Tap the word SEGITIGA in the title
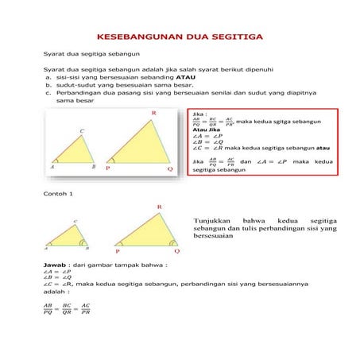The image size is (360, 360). click(x=238, y=37)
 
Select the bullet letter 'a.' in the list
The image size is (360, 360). click(x=48, y=78)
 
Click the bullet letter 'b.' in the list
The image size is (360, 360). click(x=48, y=86)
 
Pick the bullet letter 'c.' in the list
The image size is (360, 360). click(x=48, y=94)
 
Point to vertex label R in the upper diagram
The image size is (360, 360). click(x=153, y=114)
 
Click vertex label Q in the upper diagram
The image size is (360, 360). click(x=169, y=169)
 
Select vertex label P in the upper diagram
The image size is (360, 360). click(x=106, y=169)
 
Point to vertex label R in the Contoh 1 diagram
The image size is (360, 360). click(x=159, y=207)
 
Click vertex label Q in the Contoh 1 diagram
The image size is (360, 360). click(x=176, y=250)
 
